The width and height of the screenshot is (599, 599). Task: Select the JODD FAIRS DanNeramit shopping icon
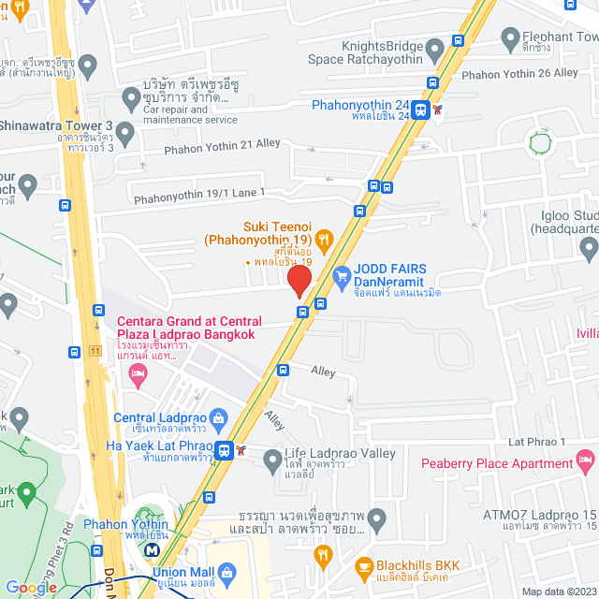[x=342, y=278]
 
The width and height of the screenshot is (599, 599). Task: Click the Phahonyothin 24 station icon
[x=421, y=110]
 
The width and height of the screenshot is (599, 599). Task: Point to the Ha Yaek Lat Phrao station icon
[x=224, y=450]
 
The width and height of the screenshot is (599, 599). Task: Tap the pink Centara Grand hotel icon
[x=139, y=376]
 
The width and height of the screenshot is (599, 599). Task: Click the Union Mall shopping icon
[x=227, y=573]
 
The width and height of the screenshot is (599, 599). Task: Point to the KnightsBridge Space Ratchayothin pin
[x=433, y=48]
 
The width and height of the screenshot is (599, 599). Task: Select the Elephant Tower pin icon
[x=510, y=39]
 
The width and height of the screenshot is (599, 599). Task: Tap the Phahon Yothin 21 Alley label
[x=223, y=144]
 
